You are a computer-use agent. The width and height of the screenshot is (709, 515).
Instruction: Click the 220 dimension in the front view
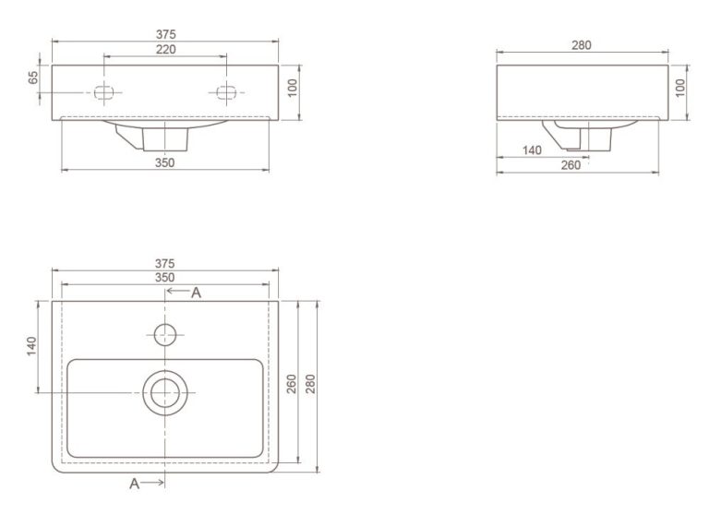pos(165,49)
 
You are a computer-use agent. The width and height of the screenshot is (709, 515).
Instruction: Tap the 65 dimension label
pos(33,78)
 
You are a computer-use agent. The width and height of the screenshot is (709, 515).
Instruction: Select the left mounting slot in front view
pos(103,92)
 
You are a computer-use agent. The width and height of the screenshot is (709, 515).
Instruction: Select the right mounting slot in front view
pos(226,92)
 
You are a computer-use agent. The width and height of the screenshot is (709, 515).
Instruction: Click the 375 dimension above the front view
pos(165,34)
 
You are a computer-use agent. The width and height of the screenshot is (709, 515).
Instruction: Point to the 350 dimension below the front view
pos(164,162)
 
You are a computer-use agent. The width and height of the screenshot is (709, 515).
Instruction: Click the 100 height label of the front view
pos(293,88)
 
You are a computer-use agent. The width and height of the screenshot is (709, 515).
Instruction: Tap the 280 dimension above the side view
pos(581,45)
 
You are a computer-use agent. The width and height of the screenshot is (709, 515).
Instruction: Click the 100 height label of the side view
pos(680,88)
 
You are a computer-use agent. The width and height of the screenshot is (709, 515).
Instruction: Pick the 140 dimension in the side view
pos(532,150)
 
